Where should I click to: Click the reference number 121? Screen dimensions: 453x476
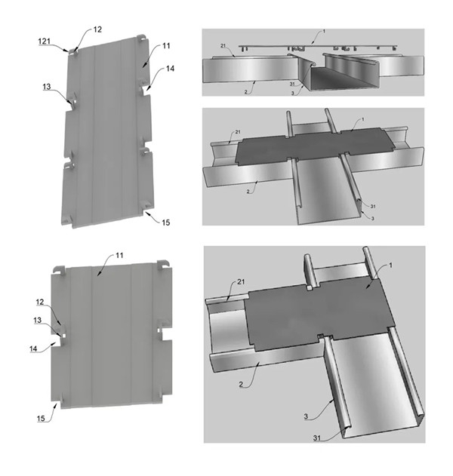[x=45, y=41]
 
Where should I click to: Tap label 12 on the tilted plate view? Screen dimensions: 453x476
[x=97, y=29]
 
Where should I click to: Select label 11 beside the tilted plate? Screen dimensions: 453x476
[x=166, y=46]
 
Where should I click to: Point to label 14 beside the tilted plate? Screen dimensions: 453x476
[x=170, y=69]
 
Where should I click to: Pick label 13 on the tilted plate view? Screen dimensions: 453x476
[x=47, y=87]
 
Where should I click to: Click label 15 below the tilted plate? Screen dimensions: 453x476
[x=165, y=223]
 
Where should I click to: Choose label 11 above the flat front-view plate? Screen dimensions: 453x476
[x=119, y=255]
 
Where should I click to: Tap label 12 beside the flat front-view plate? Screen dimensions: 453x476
[x=40, y=302]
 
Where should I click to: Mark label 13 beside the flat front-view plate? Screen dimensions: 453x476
[x=37, y=320]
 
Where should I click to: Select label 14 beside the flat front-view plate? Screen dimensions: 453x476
[x=33, y=349]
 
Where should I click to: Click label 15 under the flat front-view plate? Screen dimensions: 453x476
[x=41, y=419]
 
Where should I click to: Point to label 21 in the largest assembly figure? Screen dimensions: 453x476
[x=241, y=281]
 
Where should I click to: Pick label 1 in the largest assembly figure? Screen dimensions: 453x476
[x=391, y=266]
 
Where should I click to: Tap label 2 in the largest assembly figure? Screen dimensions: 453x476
[x=241, y=385]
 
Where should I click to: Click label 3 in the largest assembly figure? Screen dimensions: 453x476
[x=306, y=416]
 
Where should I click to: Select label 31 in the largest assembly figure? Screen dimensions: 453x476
[x=317, y=438]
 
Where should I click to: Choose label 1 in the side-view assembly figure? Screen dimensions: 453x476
[x=324, y=31]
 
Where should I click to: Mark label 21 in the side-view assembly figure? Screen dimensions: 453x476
[x=223, y=45]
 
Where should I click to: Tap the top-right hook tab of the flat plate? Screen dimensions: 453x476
[x=163, y=263]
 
